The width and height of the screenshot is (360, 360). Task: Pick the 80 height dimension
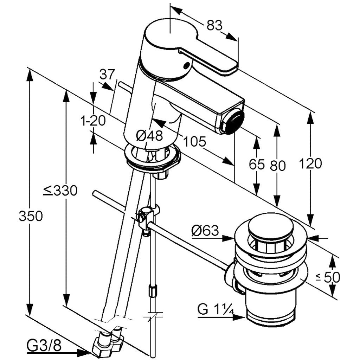click(x=277, y=165)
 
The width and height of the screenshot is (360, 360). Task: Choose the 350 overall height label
click(x=31, y=216)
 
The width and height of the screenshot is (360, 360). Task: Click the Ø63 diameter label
click(x=206, y=231)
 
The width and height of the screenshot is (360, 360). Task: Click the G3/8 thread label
click(x=44, y=346)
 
